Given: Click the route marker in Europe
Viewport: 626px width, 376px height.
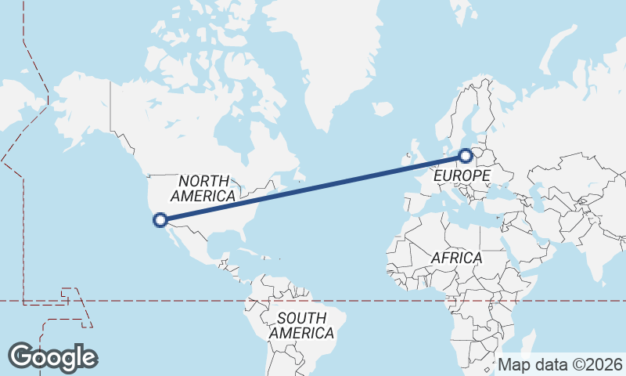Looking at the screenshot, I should [x=466, y=155].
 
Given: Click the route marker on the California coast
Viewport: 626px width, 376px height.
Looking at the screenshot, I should [x=160, y=220].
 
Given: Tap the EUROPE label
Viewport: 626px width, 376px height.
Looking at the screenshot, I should [x=462, y=175].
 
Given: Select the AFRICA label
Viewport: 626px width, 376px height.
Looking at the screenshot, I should [x=456, y=258].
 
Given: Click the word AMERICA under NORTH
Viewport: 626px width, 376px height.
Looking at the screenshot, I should [x=203, y=196].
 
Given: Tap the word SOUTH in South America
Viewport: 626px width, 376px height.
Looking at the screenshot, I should [x=301, y=318].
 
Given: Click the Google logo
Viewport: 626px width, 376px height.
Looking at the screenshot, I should [x=52, y=356].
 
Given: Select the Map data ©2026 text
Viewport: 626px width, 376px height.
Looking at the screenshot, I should [x=560, y=364].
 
